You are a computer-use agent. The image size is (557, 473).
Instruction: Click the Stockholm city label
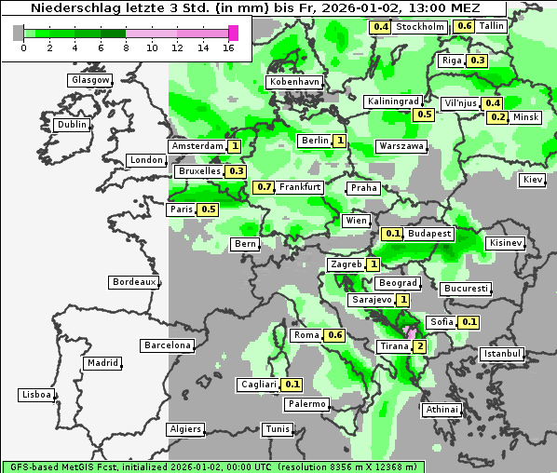419,27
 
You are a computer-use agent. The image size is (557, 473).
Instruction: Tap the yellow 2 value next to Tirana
420,346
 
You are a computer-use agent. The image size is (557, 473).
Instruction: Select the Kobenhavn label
294,82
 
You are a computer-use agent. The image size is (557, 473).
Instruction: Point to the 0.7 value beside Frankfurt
265,187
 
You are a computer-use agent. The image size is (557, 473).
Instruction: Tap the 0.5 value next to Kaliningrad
424,115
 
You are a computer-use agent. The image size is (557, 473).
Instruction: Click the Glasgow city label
90,80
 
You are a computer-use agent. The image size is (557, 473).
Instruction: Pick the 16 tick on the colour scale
229,47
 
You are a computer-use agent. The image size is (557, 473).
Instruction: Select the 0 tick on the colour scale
22,47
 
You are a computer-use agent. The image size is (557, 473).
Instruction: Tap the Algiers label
184,429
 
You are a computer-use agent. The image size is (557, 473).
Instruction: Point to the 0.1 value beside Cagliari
292,385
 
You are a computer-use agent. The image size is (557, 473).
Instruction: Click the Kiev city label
533,180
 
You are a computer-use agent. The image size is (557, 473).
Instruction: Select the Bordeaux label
133,281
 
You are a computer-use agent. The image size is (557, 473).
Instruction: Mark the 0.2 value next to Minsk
497,117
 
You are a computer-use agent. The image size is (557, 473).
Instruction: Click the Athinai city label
442,410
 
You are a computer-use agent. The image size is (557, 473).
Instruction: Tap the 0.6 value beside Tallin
464,26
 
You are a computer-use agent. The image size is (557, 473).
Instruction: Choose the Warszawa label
401,146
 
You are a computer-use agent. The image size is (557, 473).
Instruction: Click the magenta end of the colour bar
233,33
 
